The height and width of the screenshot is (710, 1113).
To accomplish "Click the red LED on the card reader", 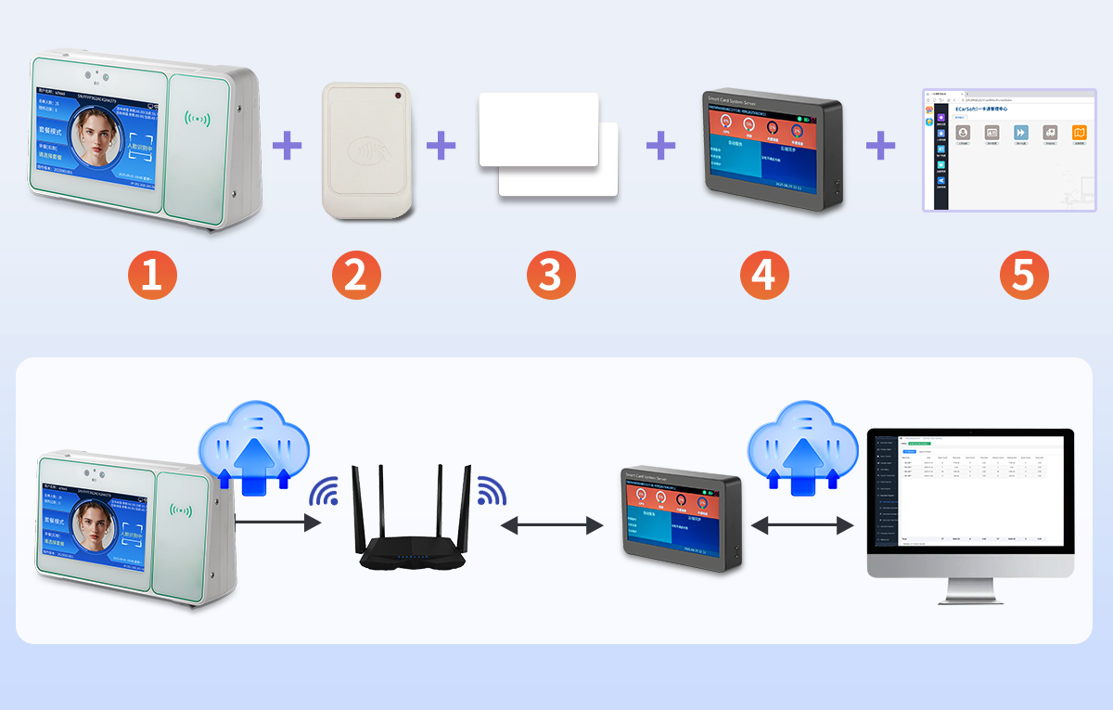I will (397, 96).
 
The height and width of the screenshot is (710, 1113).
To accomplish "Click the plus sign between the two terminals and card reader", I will (287, 145).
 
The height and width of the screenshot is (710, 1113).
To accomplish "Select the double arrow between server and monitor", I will (801, 526).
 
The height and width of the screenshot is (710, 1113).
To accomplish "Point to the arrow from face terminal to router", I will (278, 523).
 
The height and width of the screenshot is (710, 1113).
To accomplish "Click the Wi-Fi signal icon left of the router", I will (325, 492).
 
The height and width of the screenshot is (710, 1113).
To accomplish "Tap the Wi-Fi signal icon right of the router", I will (491, 491).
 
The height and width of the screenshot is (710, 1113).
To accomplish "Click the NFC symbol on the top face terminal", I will (197, 119).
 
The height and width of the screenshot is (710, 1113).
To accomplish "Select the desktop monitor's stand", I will (970, 592).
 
